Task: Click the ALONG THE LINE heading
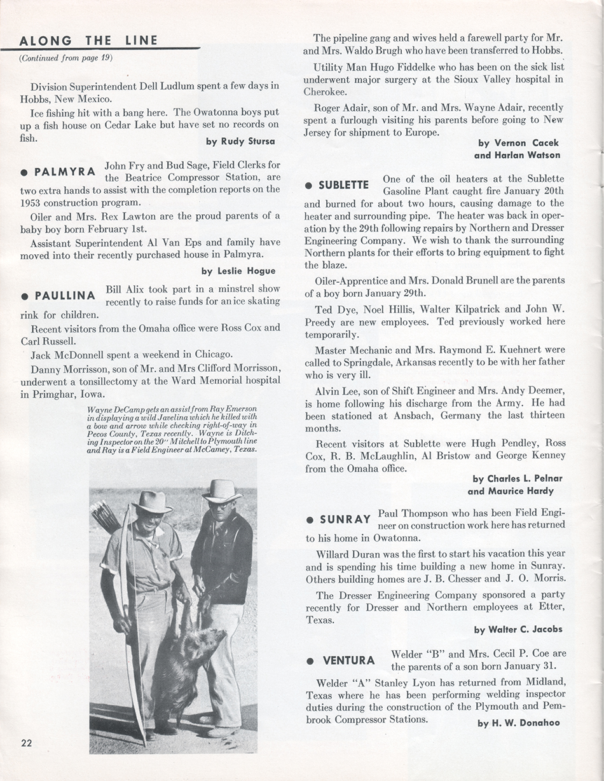pos(88,41)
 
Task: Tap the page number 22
pos(26,744)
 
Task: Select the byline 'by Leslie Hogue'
pos(238,271)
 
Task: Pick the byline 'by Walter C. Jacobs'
pos(518,630)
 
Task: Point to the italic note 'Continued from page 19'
pos(65,58)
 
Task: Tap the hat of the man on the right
pos(221,491)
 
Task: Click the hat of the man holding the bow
pos(151,502)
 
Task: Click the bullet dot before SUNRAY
pos(310,520)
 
